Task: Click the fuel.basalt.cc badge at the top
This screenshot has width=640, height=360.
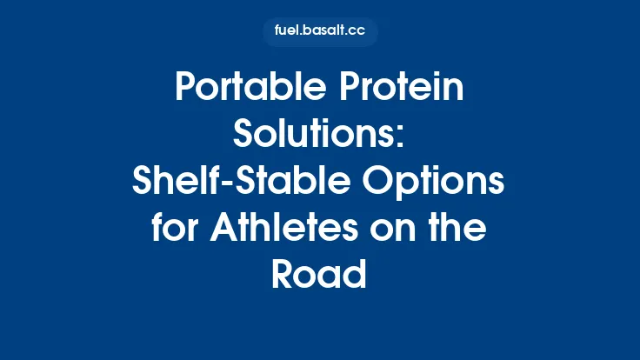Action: [320, 32]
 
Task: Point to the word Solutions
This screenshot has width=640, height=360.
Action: [315, 135]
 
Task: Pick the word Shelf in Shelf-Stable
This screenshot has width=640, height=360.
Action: [167, 181]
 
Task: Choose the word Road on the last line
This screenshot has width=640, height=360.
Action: [320, 273]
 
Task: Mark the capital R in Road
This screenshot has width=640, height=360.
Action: [283, 273]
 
